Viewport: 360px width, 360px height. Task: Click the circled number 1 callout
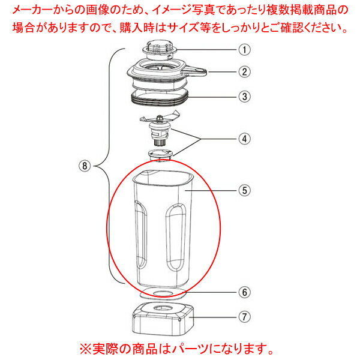243,51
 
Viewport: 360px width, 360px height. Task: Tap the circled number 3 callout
243,95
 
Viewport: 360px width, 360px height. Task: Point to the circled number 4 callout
243,139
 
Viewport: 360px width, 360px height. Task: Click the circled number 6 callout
243,294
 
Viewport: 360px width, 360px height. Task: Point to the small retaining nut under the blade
160,155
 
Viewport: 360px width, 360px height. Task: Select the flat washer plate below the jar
160,293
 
